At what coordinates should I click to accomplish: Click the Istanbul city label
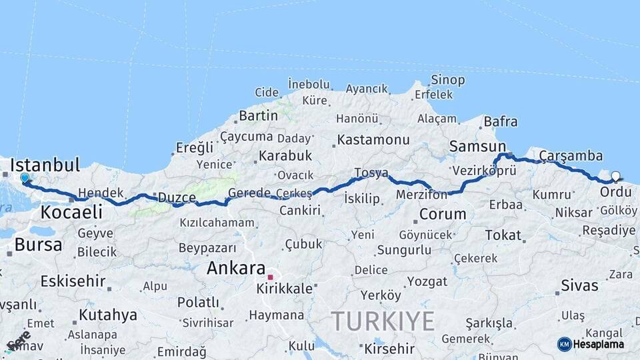pos(45,165)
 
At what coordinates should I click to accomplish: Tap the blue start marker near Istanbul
pos(25,178)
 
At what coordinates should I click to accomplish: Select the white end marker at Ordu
pos(615,177)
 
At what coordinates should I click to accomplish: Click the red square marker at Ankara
pos(271,277)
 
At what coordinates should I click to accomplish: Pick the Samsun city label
pos(477,147)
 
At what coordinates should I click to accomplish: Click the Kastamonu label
pos(373,140)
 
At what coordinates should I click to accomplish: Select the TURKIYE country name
pos(383,321)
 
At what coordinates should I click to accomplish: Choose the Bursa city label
pos(38,244)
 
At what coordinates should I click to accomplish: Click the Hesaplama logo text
pos(599,344)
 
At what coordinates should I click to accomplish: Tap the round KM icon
pos(564,344)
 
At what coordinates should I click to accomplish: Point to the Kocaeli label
pos(71,212)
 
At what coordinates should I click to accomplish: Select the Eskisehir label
pos(73,281)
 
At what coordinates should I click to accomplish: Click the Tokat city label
pos(503,235)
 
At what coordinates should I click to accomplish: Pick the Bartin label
pos(259,115)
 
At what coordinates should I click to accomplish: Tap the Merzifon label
pos(421,195)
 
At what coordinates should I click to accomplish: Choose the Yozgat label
pos(427,281)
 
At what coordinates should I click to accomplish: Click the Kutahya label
pos(108,315)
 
